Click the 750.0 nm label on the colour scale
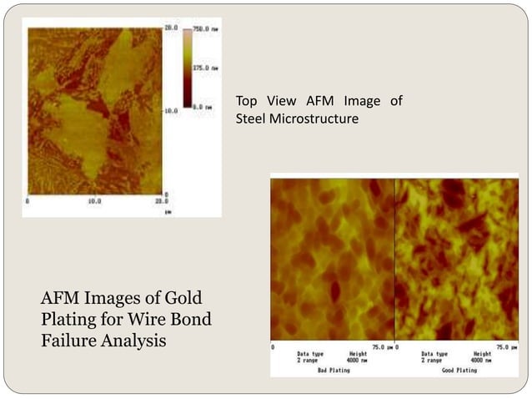206,28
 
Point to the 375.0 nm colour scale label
206,68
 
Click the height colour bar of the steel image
188,68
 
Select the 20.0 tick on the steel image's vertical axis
169,28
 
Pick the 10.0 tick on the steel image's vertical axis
169,110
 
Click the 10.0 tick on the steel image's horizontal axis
94,200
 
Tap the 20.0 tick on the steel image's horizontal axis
162,200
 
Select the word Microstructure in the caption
316,119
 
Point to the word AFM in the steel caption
304,101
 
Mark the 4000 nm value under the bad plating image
356,361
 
